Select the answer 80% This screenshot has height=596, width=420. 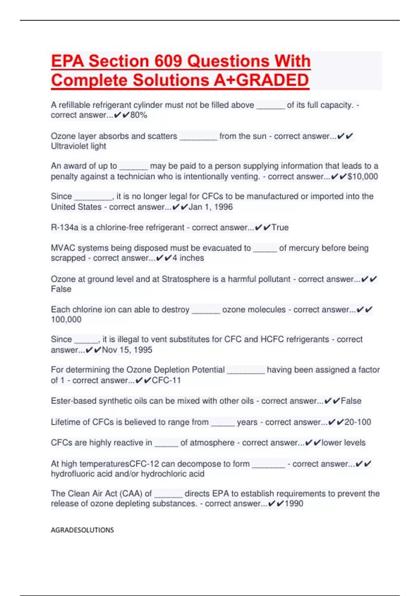click(139, 115)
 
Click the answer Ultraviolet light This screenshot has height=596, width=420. click(78, 146)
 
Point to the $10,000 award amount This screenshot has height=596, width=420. click(363, 176)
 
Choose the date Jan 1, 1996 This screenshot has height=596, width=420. click(211, 207)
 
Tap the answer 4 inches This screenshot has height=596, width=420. click(188, 258)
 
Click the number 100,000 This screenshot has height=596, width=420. click(66, 319)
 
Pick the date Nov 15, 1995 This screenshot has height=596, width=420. click(127, 350)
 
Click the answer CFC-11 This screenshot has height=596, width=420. click(166, 380)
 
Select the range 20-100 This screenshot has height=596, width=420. click(358, 422)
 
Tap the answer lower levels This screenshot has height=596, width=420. click(343, 442)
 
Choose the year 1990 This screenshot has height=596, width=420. click(294, 503)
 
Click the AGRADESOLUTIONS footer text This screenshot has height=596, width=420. click(82, 530)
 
